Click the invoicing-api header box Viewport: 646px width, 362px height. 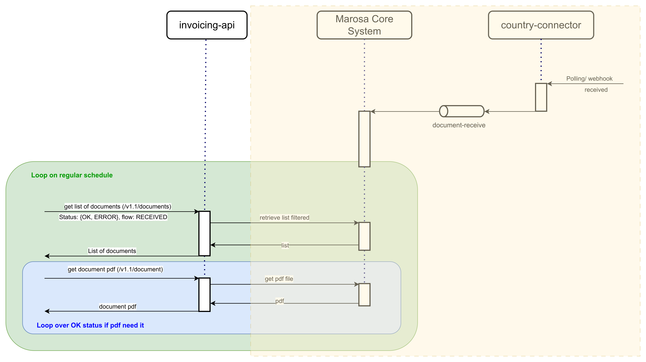pyautogui.click(x=207, y=25)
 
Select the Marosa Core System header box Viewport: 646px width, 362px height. pyautogui.click(x=364, y=25)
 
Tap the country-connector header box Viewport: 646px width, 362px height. pyautogui.click(x=541, y=25)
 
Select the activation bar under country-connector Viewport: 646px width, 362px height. pyautogui.click(x=541, y=97)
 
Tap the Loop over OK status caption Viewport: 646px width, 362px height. pyautogui.click(x=90, y=325)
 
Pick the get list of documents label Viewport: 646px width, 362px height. pyautogui.click(x=118, y=207)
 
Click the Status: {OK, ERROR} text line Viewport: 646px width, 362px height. pyautogui.click(x=113, y=217)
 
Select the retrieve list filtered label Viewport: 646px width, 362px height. pyautogui.click(x=284, y=218)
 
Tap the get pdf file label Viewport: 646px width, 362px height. pyautogui.click(x=279, y=279)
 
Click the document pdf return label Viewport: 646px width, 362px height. pyautogui.click(x=118, y=307)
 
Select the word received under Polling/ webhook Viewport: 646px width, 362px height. pyautogui.click(x=596, y=90)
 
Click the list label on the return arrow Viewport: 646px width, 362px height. pyautogui.click(x=285, y=245)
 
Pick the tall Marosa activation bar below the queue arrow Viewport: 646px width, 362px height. pyautogui.click(x=364, y=139)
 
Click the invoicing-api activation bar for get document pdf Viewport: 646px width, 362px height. pyautogui.click(x=204, y=295)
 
